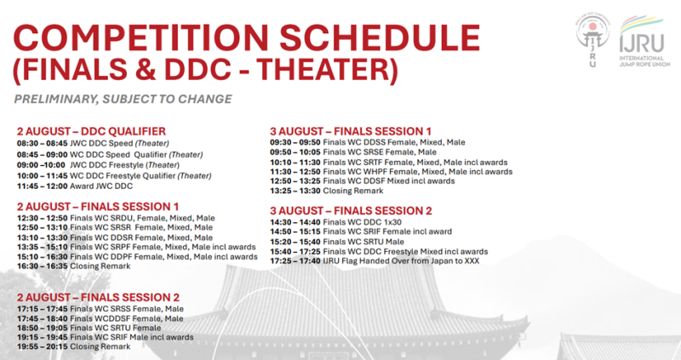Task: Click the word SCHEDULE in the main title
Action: (379, 37)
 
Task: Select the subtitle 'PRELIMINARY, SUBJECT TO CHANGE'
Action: (123, 99)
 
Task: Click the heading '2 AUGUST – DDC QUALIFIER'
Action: (91, 131)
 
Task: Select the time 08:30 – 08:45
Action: (42, 143)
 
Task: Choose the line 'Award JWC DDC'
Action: (101, 186)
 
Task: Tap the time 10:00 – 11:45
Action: (42, 175)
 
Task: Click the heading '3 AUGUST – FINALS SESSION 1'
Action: (351, 131)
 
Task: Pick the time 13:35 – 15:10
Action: (42, 247)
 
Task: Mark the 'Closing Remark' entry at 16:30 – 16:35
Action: (100, 266)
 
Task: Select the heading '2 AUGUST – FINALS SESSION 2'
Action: (98, 298)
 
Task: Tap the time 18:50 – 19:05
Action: (42, 328)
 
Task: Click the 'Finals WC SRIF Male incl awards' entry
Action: (132, 337)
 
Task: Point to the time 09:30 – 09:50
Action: (295, 142)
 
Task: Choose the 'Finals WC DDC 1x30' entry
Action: (363, 222)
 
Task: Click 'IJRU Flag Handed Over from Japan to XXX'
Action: (401, 261)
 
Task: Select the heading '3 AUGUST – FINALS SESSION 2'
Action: (351, 211)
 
